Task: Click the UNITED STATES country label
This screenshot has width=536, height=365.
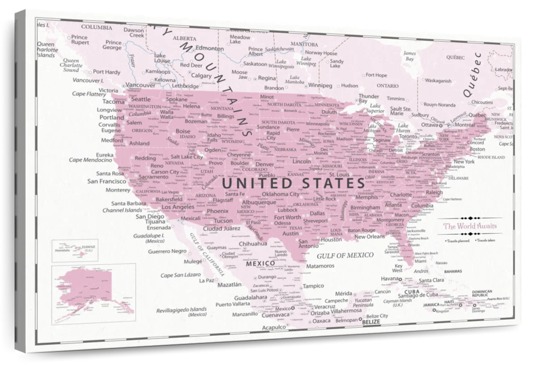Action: point(293,183)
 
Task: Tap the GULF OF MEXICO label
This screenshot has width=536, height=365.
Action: point(345,255)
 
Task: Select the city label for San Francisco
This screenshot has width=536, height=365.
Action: point(106,181)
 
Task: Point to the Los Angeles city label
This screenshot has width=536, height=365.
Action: point(178,207)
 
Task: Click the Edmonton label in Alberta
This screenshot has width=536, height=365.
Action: point(209,48)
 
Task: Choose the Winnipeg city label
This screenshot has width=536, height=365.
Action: point(320,85)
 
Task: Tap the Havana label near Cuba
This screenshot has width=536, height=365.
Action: point(389,279)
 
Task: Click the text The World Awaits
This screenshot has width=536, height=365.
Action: point(469,226)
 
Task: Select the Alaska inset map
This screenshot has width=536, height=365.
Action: point(93,293)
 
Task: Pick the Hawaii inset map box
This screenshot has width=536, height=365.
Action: point(75,250)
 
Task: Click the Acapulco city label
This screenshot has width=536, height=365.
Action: point(273,327)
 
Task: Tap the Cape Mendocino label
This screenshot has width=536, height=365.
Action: point(90,160)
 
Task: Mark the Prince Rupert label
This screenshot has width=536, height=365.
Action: point(80,40)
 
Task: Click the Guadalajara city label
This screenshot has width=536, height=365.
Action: point(251,297)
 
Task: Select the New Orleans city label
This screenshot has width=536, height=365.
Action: point(369,237)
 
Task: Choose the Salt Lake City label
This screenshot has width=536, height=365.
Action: point(187,157)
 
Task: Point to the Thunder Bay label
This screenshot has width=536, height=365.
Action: point(368,98)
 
